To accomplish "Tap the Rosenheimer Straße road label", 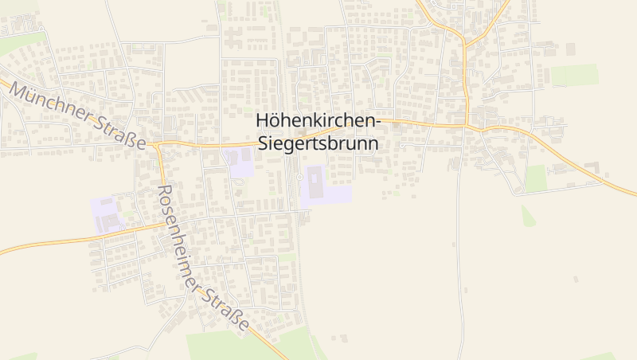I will coord(203,260).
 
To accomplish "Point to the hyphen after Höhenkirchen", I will coord(379,121).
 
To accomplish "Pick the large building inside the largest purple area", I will coord(315,182).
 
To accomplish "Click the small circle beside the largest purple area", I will coord(299,177).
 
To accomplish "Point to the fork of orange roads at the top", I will coord(465,42).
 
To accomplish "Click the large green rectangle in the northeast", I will coord(574,75).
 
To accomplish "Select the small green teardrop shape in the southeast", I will coord(528,216).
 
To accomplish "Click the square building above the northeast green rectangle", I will coord(570,49).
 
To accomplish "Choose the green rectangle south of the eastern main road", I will coord(536,178).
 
